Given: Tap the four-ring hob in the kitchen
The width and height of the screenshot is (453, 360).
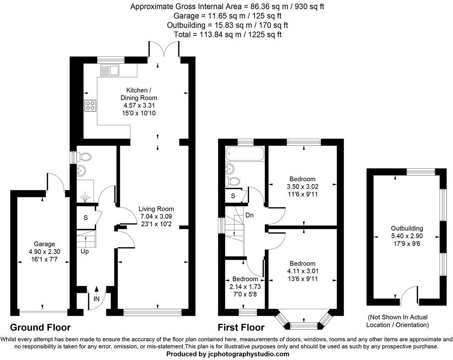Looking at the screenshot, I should [x=90, y=106].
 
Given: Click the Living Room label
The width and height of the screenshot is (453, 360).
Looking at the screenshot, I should [x=156, y=209].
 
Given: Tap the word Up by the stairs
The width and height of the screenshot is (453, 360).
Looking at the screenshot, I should [x=84, y=252].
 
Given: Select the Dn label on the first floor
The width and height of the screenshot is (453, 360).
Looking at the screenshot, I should [x=249, y=215].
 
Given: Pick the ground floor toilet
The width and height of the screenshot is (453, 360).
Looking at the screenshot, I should [x=84, y=156].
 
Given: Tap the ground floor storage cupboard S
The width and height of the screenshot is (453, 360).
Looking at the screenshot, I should [x=85, y=217].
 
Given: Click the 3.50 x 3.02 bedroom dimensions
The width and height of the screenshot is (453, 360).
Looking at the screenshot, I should [x=302, y=186].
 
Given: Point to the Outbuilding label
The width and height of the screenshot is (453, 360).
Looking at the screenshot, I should [x=406, y=228].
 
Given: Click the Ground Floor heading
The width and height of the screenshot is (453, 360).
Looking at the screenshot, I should [x=40, y=327].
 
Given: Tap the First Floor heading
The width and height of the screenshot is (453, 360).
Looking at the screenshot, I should [x=241, y=327].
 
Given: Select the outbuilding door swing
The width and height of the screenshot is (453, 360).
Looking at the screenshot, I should [x=410, y=293].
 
